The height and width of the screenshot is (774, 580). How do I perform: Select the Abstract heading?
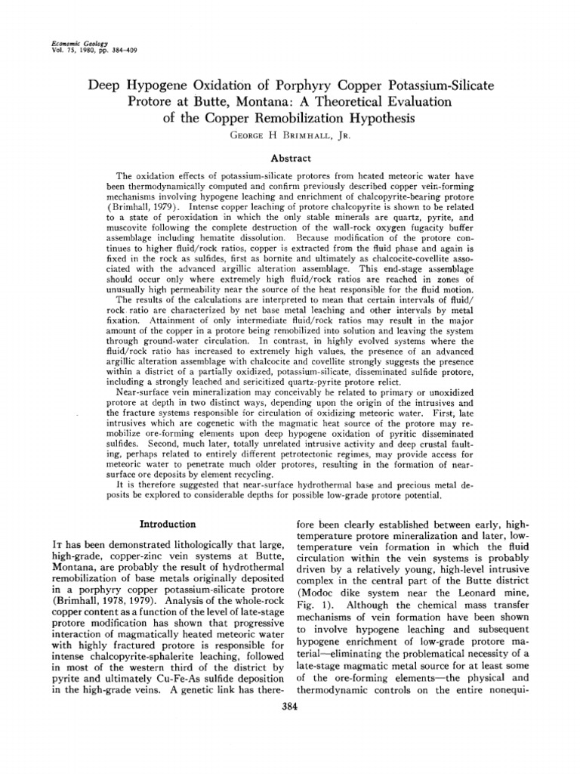[290, 160]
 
